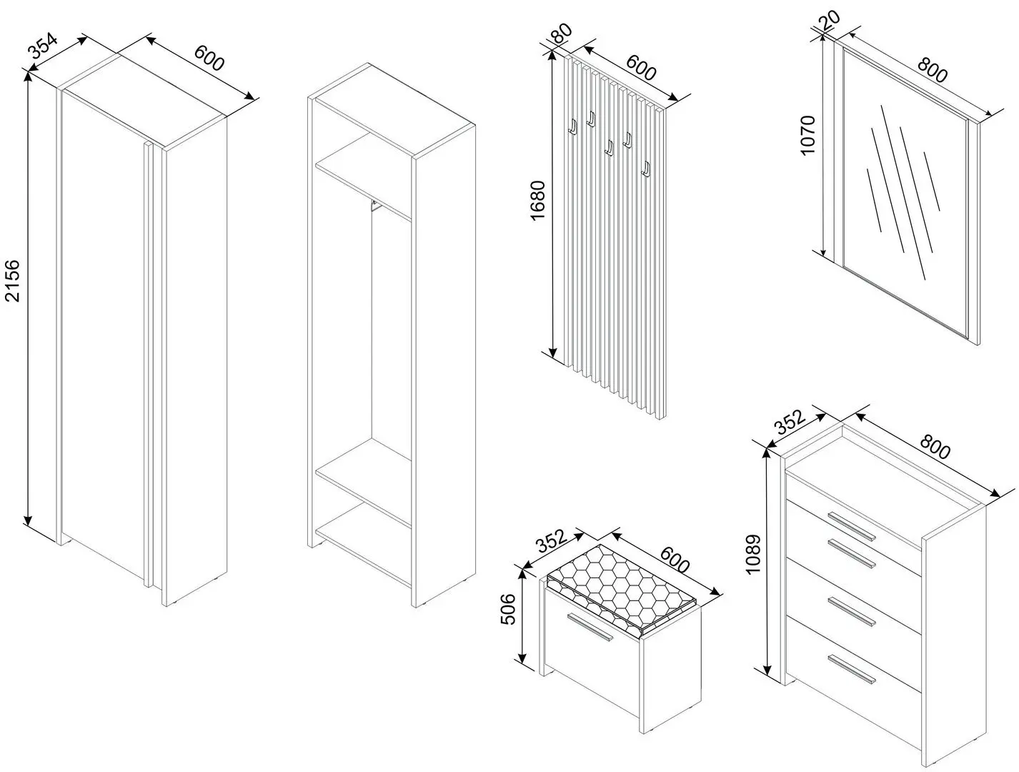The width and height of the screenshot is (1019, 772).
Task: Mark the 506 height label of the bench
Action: (508, 608)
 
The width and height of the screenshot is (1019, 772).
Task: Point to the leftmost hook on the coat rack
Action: (572, 127)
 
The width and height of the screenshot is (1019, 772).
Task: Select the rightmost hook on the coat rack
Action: (646, 169)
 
